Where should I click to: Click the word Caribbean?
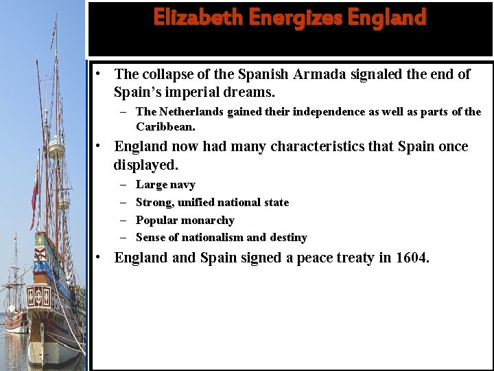point(165,127)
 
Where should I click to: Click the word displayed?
point(145,165)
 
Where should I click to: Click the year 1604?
point(411,258)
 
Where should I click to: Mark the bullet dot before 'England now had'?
point(99,146)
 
